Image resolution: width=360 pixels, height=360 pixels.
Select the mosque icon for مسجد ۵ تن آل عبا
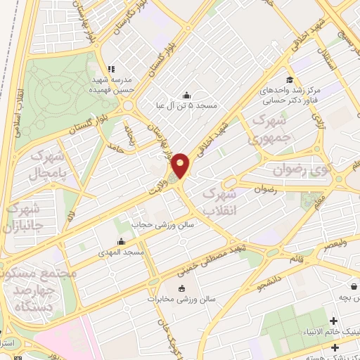[x=186, y=96]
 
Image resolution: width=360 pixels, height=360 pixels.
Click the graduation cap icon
[x=289, y=80]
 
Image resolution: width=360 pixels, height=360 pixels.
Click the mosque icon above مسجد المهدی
[x=122, y=241]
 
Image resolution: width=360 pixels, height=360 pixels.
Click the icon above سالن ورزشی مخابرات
[x=182, y=288]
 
